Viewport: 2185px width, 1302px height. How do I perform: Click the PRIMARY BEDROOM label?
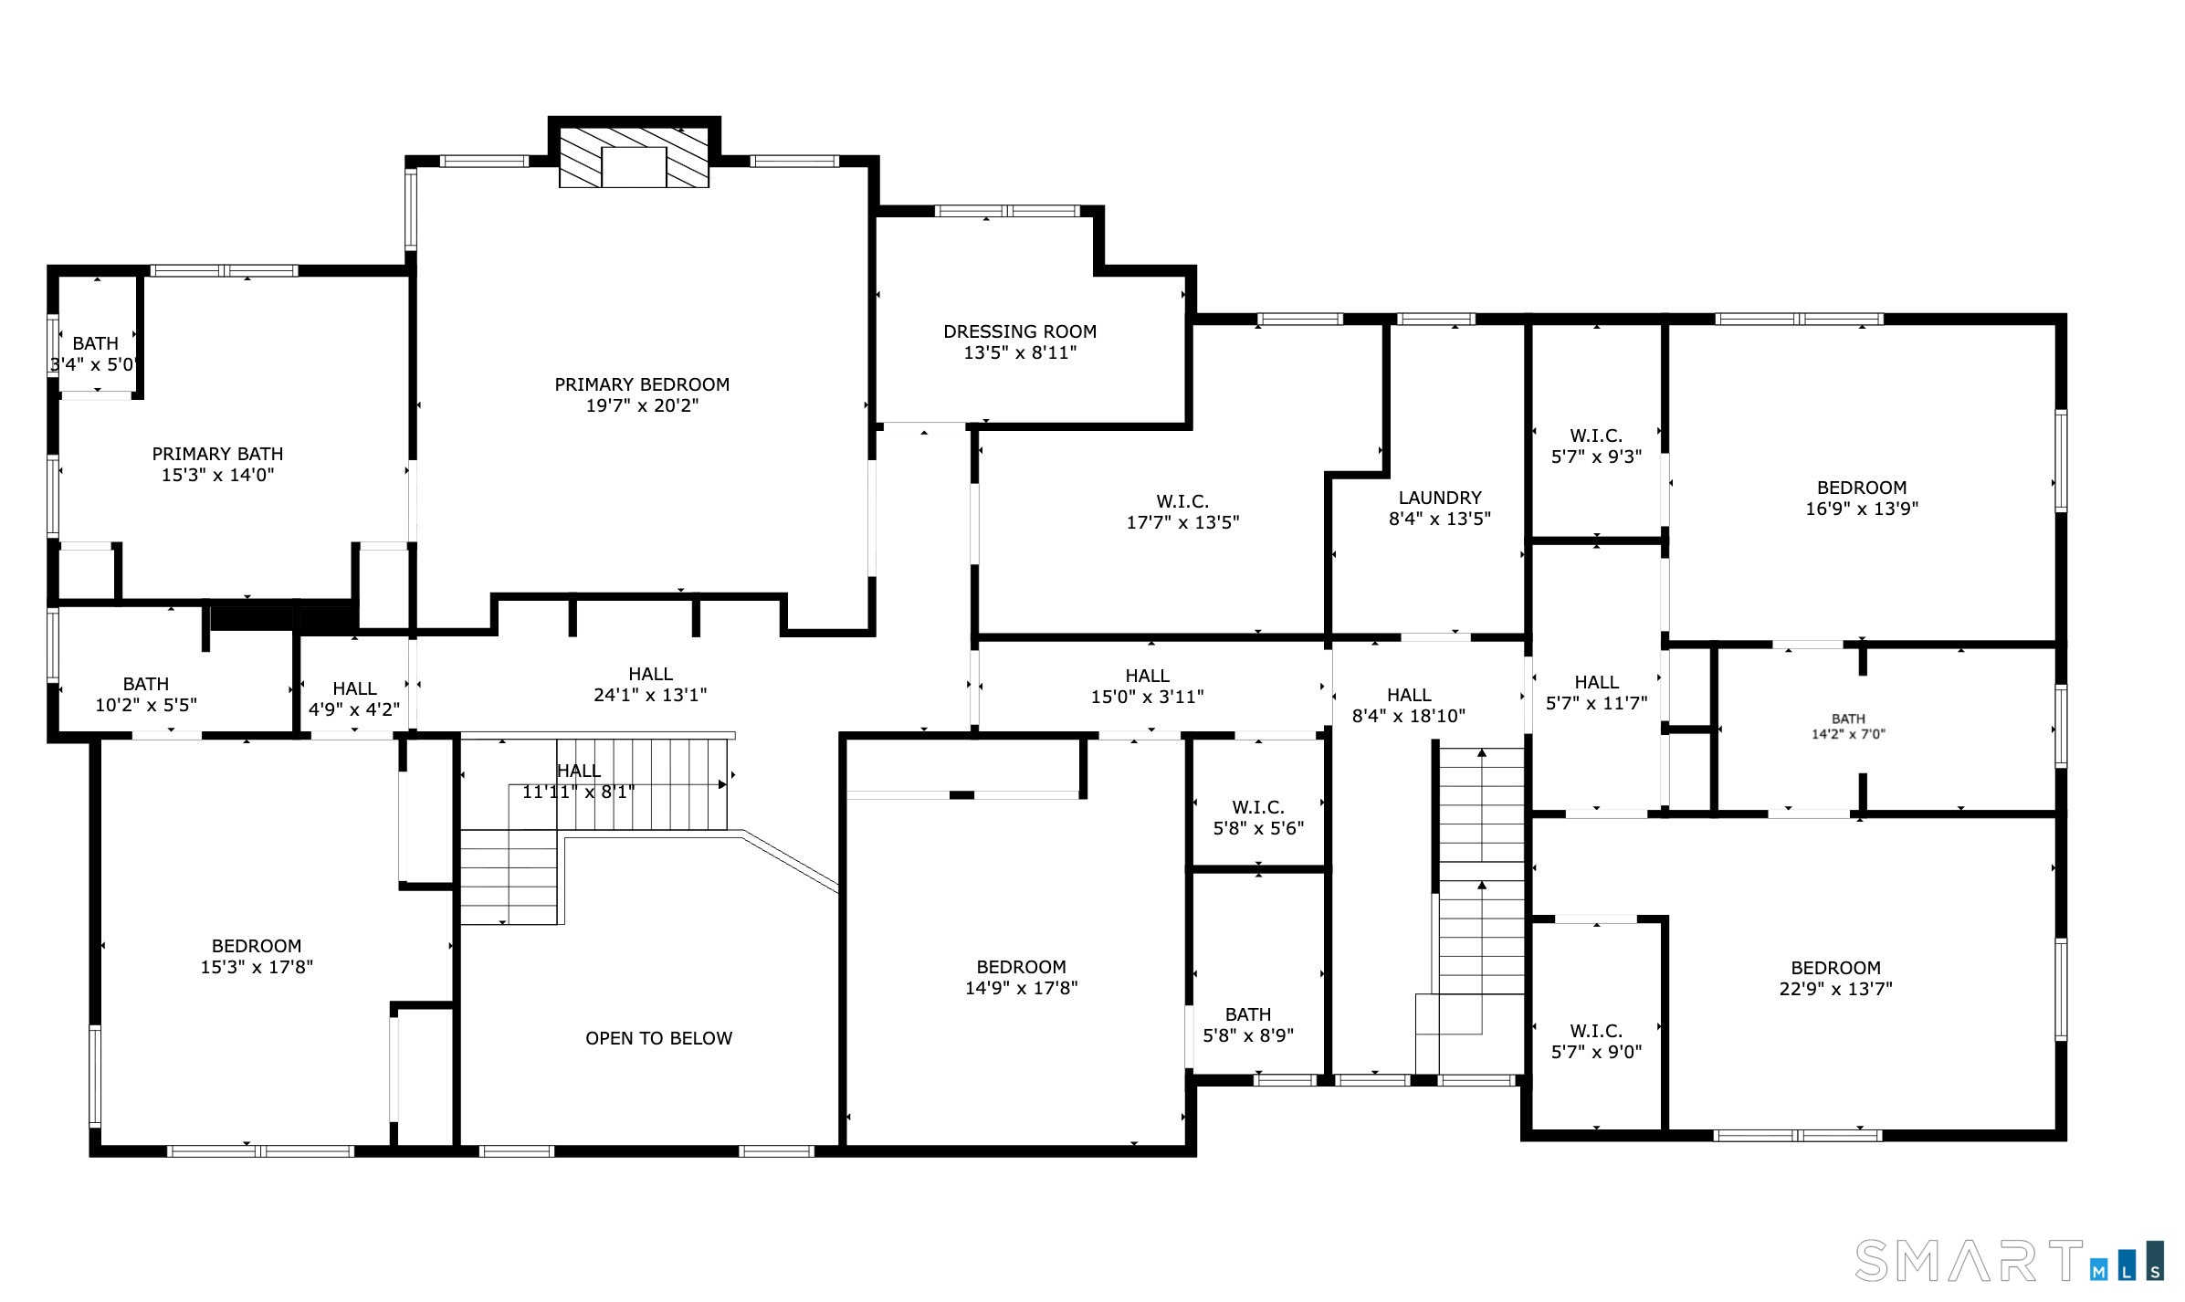pos(642,384)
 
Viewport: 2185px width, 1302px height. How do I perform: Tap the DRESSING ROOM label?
pos(1020,331)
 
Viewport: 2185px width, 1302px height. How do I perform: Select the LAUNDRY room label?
pos(1440,498)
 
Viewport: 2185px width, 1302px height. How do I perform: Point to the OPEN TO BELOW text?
pos(658,1038)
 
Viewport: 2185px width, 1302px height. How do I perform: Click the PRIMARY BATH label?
pos(217,454)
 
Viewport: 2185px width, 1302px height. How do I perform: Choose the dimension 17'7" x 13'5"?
pos(1182,522)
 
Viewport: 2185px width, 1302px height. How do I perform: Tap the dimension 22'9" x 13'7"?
pos(1835,989)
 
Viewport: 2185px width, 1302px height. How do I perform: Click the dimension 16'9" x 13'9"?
pos(1862,509)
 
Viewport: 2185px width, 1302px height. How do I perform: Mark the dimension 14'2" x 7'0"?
pos(1848,734)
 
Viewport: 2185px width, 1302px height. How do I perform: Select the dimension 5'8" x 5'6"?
pos(1258,828)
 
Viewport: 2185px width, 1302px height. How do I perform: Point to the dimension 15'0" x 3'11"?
pos(1147,697)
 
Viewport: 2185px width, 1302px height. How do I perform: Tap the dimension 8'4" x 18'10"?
pos(1409,716)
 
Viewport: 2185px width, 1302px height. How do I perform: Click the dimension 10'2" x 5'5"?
pos(146,705)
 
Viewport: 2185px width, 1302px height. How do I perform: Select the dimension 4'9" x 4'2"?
pos(354,709)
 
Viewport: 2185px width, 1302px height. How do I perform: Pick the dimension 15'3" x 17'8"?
pos(257,967)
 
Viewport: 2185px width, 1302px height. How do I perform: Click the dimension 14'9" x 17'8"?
pos(1021,988)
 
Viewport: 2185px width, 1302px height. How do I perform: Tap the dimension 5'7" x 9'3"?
pos(1596,457)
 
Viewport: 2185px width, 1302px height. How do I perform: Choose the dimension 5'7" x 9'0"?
pos(1596,1052)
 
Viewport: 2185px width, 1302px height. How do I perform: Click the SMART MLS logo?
pos(2009,1261)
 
